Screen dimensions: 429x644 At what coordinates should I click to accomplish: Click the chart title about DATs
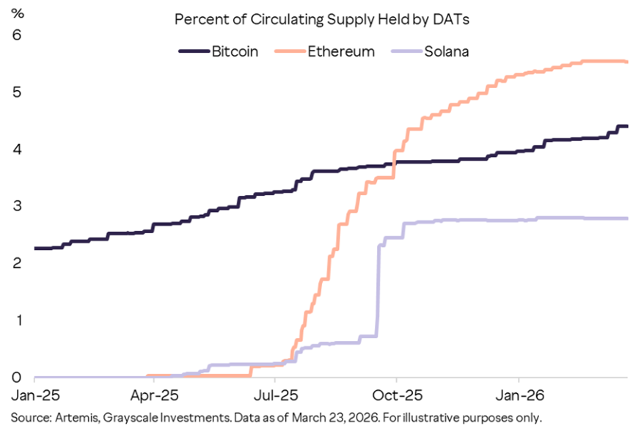pyautogui.click(x=321, y=19)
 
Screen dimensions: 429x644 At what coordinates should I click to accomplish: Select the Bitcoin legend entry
pyautogui.click(x=219, y=51)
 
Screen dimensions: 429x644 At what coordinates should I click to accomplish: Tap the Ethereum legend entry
pyautogui.click(x=327, y=51)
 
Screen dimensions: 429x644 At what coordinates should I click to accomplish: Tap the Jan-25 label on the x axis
pyautogui.click(x=34, y=396)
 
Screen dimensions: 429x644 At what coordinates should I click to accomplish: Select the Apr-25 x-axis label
pyautogui.click(x=155, y=396)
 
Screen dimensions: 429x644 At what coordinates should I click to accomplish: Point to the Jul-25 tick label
pyautogui.click(x=274, y=396)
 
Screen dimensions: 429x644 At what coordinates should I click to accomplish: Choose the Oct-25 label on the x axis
pyautogui.click(x=395, y=396)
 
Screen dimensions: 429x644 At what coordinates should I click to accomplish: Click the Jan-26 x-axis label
pyautogui.click(x=518, y=396)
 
